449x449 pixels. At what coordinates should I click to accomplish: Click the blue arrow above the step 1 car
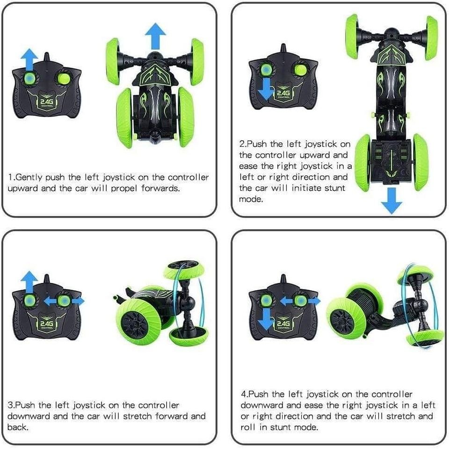coord(155,36)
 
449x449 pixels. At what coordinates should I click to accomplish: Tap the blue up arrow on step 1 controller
coord(29,59)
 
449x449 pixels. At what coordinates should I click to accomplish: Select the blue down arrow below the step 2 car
coord(391,201)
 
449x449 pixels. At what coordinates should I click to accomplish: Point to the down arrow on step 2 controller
coord(266,89)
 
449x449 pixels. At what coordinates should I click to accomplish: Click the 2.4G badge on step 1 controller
coord(45,102)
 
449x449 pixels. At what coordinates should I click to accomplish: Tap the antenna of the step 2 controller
coord(283,49)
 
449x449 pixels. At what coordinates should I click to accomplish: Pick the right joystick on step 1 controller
coord(65,79)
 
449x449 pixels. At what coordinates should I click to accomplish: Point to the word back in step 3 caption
coord(18,427)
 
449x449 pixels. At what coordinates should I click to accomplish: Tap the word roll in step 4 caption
coord(248,427)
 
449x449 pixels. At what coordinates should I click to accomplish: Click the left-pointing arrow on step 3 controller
coord(50,301)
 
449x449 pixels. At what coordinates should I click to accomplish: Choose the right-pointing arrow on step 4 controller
coord(314,301)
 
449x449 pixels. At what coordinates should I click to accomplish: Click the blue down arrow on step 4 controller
coord(266,320)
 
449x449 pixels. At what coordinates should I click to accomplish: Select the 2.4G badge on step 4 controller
coord(282,324)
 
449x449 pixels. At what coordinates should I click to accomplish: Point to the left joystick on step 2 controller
coord(266,69)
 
